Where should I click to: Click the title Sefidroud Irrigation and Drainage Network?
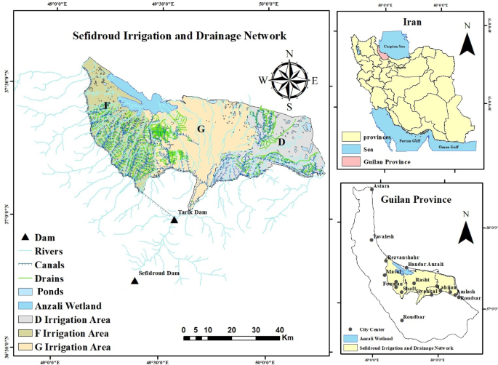[178, 35]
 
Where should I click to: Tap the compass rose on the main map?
[289, 80]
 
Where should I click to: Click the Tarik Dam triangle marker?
[174, 220]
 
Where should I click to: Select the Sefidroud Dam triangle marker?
[134, 281]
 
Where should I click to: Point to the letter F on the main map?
[107, 106]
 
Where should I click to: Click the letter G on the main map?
[202, 129]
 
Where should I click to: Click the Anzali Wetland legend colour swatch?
[28, 305]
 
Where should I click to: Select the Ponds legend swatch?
[28, 292]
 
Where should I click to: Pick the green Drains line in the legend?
[28, 278]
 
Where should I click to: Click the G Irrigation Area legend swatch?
[28, 347]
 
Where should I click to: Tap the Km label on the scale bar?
[287, 338]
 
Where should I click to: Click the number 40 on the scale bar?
[279, 329]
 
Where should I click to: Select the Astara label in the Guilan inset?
[381, 187]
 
